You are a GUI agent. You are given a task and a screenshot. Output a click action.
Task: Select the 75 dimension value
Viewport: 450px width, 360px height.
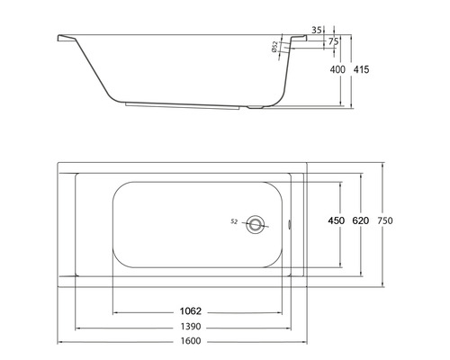pyautogui.click(x=333, y=41)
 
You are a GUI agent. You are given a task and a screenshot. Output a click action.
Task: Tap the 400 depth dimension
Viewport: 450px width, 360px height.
pyautogui.click(x=337, y=69)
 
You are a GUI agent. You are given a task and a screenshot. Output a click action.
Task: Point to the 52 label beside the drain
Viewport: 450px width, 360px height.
pyautogui.click(x=234, y=221)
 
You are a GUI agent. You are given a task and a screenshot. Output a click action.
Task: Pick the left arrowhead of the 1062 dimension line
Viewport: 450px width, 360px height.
pyautogui.click(x=114, y=312)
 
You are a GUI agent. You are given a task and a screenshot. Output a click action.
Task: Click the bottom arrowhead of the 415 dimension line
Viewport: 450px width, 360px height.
pyautogui.click(x=351, y=108)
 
